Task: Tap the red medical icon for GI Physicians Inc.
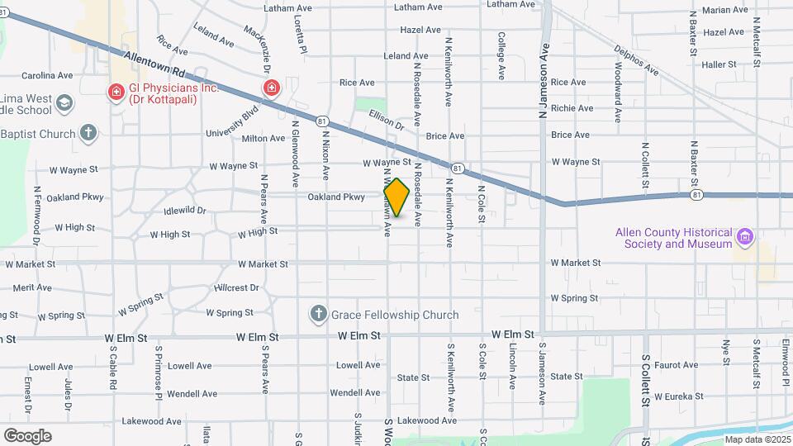[117, 90]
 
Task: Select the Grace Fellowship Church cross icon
[319, 314]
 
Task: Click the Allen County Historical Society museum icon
[746, 238]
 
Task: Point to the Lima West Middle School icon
[64, 104]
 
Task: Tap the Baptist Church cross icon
[88, 133]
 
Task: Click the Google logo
[27, 435]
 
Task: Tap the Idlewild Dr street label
[185, 211]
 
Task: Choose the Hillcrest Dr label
[236, 288]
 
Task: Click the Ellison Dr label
[387, 121]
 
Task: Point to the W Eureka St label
[683, 396]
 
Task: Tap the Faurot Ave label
[676, 364]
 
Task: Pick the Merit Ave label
[32, 287]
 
